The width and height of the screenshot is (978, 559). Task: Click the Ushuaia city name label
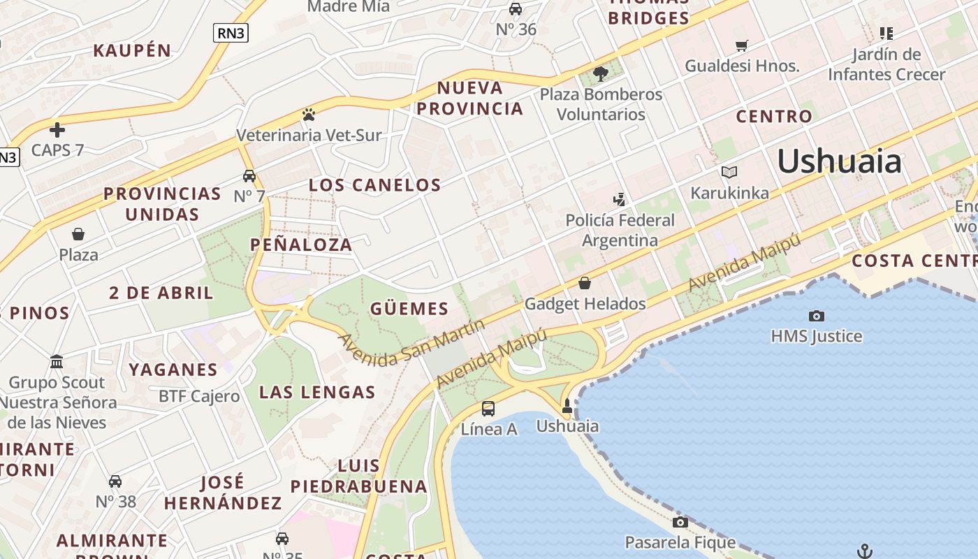tap(839, 161)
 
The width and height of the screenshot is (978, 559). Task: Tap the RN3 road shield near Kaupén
tap(231, 32)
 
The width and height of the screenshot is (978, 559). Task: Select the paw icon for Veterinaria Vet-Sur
tap(309, 114)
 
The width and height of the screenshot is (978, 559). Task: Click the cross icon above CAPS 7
tap(57, 129)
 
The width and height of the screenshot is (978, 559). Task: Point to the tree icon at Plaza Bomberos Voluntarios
tap(600, 73)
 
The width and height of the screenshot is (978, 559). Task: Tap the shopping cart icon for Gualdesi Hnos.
tap(741, 45)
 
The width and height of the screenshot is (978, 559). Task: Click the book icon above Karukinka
tap(729, 172)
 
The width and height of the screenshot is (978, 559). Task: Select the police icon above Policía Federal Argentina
tap(619, 200)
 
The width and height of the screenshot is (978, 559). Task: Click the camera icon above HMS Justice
tap(816, 316)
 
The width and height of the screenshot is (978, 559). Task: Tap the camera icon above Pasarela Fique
tap(680, 522)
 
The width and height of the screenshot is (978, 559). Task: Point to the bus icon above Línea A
tap(488, 409)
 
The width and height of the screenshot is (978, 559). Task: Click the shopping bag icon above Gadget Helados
tap(585, 283)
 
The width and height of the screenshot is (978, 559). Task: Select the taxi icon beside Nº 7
tap(249, 175)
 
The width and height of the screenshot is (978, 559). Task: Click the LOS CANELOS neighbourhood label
tap(375, 185)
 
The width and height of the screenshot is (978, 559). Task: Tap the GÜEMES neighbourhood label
tap(409, 309)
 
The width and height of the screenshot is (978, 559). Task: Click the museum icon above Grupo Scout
tap(57, 362)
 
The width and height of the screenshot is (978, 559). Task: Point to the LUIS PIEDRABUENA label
tap(358, 476)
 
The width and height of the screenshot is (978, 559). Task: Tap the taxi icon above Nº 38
tap(115, 481)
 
